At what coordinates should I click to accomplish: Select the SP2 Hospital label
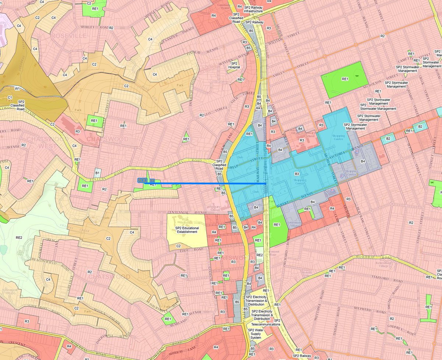coord(234,65)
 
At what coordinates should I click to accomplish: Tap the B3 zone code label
coord(296,173)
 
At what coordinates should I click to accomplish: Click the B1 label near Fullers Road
coord(98,172)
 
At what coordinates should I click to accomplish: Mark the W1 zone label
coord(17,88)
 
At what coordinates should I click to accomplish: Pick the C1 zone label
coord(10,97)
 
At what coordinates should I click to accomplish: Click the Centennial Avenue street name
coord(183,213)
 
